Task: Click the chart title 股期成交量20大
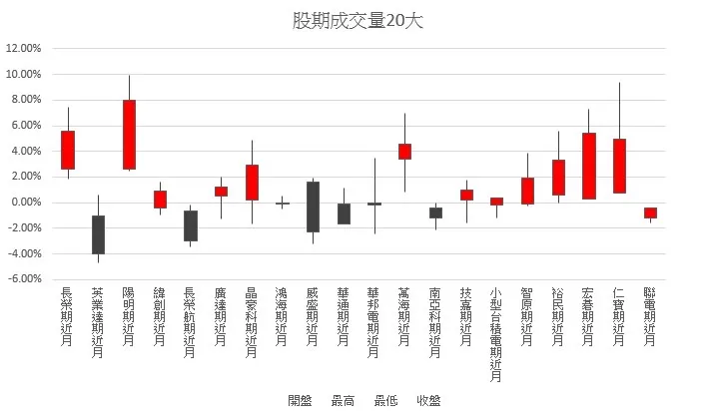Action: pos(357,21)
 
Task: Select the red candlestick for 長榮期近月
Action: pos(68,150)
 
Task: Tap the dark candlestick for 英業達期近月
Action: pos(98,234)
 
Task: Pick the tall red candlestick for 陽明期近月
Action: pos(129,134)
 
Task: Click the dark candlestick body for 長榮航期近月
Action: pos(190,225)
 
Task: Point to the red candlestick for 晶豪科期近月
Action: pos(252,183)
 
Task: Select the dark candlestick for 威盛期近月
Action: pos(313,207)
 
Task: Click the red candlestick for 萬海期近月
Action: pos(404,152)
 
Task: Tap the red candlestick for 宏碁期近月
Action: pos(588,166)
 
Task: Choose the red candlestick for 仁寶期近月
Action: pos(619,166)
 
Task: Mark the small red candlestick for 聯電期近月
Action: pos(650,212)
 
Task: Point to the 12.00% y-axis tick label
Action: pos(24,48)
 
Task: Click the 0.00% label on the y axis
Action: pos(26,203)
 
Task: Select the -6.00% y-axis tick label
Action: pos(25,279)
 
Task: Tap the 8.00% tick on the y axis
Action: pos(26,100)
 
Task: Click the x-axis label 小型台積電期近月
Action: pos(496,335)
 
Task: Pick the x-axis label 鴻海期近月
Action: pos(282,317)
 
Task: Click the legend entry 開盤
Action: pos(300,401)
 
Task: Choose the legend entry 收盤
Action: pos(427,401)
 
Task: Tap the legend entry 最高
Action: pos(343,401)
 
